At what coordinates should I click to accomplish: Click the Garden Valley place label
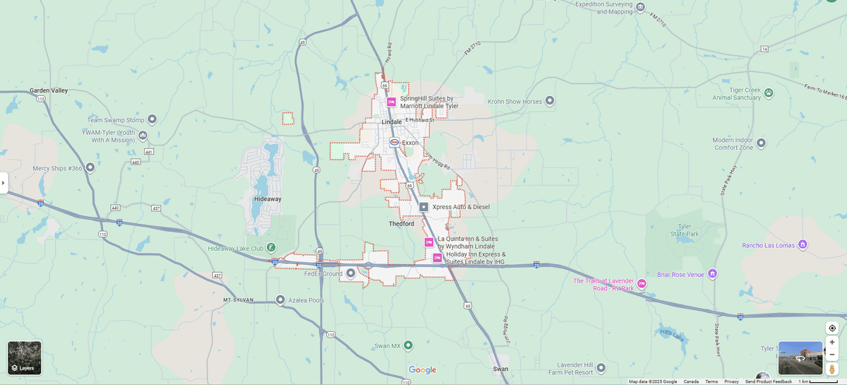(49, 90)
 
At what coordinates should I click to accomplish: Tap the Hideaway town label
(268, 199)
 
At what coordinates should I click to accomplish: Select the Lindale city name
(391, 122)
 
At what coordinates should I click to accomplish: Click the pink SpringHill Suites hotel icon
(391, 102)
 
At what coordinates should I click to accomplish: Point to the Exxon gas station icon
(395, 143)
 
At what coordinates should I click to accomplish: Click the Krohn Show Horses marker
(550, 101)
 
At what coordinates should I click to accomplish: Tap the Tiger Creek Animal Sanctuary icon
(769, 93)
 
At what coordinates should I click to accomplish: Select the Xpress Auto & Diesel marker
(423, 207)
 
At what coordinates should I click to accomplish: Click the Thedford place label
(402, 224)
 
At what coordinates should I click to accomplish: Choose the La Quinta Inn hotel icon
(428, 242)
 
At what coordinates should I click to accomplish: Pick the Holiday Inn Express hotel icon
(438, 258)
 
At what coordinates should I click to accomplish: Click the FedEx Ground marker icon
(351, 273)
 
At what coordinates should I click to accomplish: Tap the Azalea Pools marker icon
(281, 300)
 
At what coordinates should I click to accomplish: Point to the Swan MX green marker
(408, 345)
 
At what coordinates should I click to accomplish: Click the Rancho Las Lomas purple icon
(802, 245)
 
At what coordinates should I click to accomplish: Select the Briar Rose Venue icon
(712, 273)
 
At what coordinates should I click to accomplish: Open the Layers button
(25, 358)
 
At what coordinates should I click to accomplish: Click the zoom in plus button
(832, 342)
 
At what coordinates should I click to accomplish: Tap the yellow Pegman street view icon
(832, 369)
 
